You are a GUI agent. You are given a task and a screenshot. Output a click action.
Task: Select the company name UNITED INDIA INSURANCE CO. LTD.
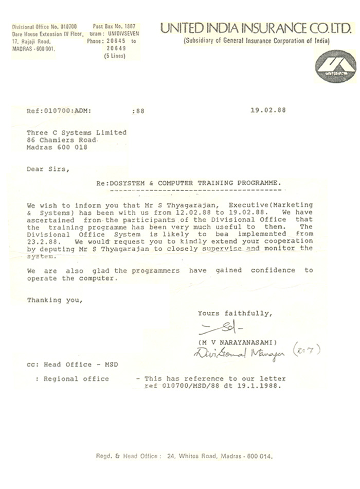click(x=252, y=29)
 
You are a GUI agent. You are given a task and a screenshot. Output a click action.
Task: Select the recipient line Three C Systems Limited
click(x=77, y=132)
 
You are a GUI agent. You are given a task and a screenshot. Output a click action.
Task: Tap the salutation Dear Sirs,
click(x=46, y=168)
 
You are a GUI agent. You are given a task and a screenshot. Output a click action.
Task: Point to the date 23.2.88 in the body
click(x=42, y=241)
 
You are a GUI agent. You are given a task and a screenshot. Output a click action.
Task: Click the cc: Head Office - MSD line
click(x=73, y=364)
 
